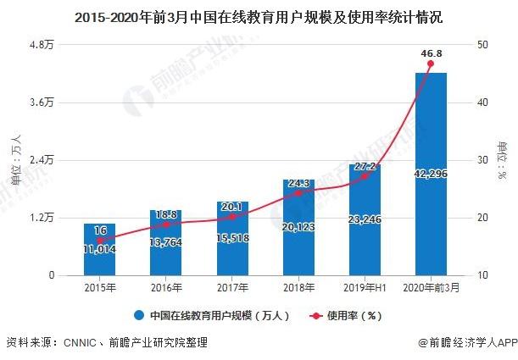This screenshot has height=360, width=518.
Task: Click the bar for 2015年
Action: click(99, 249)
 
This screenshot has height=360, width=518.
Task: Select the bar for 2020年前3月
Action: click(431, 174)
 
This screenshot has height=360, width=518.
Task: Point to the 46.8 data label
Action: click(431, 53)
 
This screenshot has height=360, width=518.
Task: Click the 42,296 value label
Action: click(431, 174)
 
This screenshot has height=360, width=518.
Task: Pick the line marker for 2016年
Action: click(166, 224)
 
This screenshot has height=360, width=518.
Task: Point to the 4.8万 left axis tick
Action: click(42, 44)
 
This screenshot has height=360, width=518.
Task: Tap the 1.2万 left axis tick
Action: click(42, 218)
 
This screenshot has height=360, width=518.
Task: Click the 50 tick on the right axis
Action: click(482, 44)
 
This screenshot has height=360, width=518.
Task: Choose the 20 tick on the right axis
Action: click(482, 218)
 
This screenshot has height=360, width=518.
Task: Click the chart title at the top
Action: click(259, 15)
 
